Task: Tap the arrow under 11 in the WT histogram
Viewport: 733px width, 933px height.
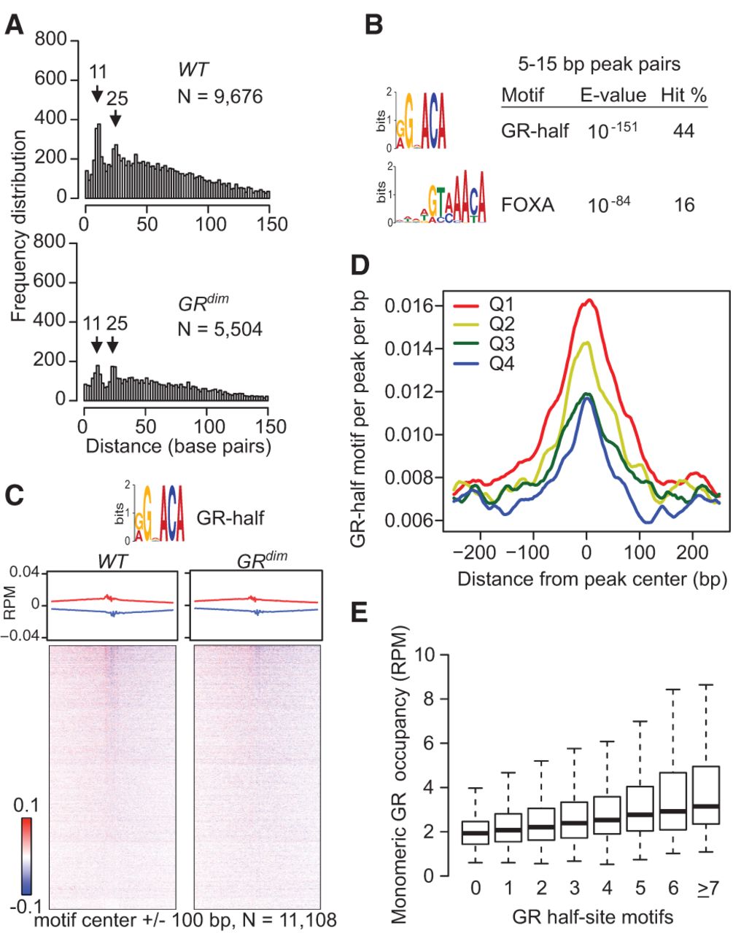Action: pyautogui.click(x=98, y=93)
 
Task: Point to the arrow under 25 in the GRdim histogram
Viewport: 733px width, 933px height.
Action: pyautogui.click(x=112, y=344)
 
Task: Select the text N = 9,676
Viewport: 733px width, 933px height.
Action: pyautogui.click(x=220, y=97)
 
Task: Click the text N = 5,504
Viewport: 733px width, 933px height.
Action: pyautogui.click(x=220, y=329)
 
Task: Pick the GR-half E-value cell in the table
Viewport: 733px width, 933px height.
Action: pyautogui.click(x=613, y=130)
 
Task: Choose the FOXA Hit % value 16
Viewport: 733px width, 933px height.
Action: pyautogui.click(x=684, y=205)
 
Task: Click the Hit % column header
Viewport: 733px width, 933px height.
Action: pyautogui.click(x=684, y=95)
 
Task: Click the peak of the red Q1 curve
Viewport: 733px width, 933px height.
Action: pyautogui.click(x=589, y=300)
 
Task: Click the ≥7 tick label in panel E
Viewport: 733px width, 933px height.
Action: pyautogui.click(x=707, y=887)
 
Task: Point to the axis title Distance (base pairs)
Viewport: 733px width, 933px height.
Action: pyautogui.click(x=178, y=447)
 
